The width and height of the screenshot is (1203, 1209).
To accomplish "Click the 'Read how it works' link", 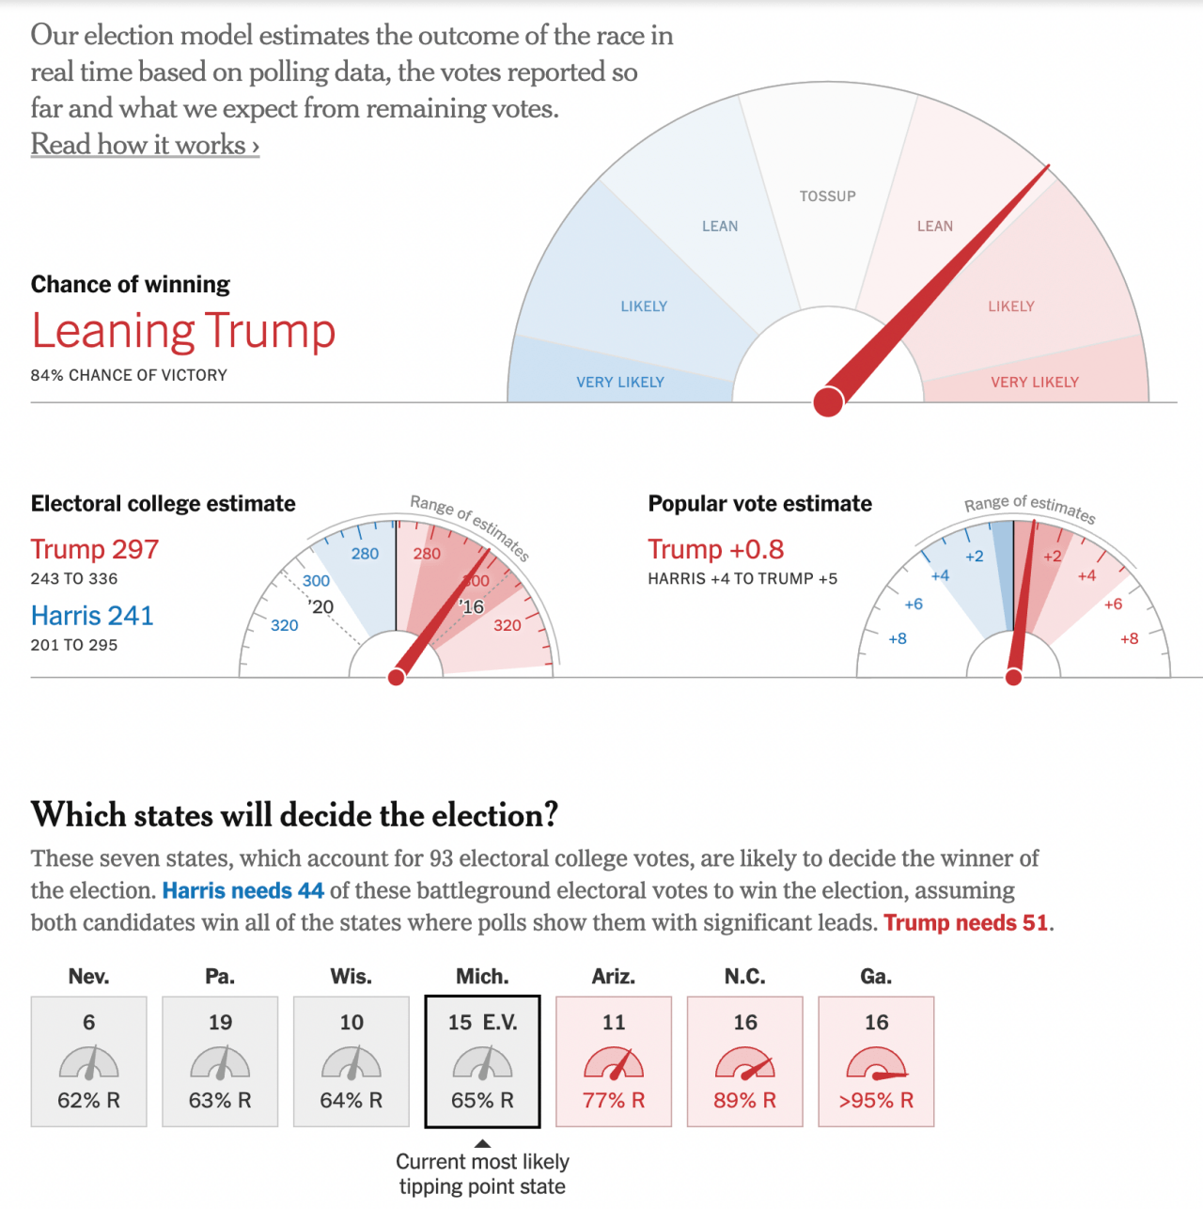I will [145, 145].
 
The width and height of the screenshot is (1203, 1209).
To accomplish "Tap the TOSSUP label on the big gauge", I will [827, 196].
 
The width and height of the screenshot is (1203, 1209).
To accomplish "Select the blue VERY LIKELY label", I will [620, 383].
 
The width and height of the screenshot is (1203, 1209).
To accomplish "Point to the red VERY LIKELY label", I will [1034, 383].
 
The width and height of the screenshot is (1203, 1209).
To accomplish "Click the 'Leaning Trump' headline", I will [183, 331].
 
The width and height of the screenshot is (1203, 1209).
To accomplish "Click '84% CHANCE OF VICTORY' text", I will [129, 375].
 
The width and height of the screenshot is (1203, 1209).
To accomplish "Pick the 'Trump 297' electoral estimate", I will [95, 549].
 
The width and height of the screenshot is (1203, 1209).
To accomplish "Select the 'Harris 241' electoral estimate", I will [92, 616].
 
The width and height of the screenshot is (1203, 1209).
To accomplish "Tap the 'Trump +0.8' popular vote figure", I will [716, 549].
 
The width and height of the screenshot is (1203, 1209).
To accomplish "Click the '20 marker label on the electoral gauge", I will [321, 607].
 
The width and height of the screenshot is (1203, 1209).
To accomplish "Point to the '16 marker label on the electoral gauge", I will [472, 607].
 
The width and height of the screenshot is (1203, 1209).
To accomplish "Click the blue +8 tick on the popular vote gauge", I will [898, 639].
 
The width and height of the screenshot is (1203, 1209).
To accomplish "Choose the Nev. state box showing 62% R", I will [89, 1061].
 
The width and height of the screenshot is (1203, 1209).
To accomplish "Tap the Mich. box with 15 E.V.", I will [482, 1061].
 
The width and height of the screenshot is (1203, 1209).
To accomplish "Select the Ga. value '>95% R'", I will [876, 1101].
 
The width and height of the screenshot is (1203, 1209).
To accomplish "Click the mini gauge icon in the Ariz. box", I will [614, 1064].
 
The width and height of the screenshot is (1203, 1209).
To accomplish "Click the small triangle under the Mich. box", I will [482, 1144].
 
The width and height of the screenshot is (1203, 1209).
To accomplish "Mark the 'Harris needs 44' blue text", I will [243, 891].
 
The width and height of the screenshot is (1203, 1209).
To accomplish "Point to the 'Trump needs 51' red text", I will [966, 923].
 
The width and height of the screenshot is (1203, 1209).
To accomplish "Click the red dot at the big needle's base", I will [828, 401].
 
